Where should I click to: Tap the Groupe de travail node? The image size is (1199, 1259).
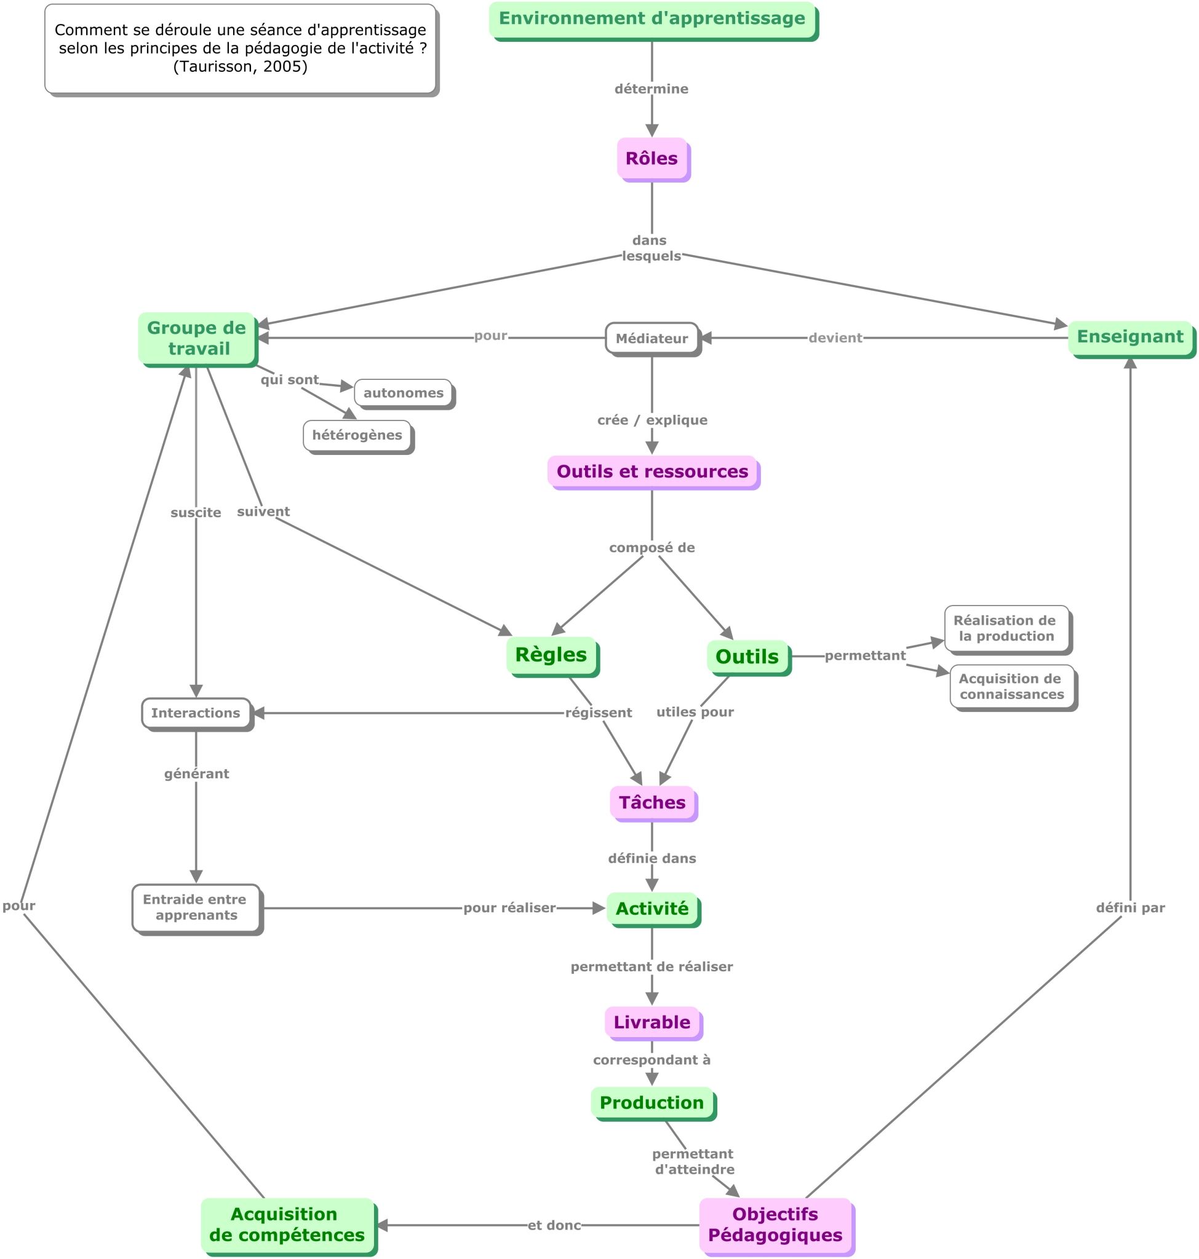click(197, 339)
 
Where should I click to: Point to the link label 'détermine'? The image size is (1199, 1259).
click(651, 89)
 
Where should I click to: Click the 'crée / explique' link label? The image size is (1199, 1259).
click(653, 420)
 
